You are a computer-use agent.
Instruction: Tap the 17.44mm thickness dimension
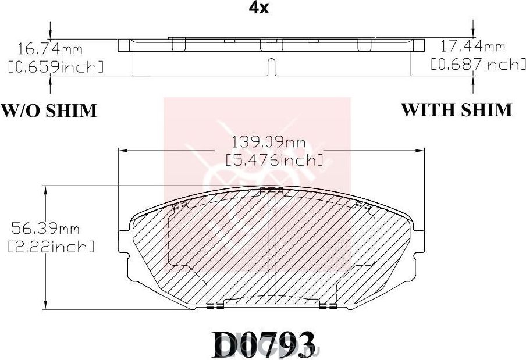(x=481, y=45)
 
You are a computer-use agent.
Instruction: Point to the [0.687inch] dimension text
(x=477, y=63)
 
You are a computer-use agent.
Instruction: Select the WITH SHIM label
(x=457, y=109)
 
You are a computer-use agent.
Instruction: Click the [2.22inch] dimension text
(x=51, y=247)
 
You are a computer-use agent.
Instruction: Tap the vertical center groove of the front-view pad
(x=271, y=244)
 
